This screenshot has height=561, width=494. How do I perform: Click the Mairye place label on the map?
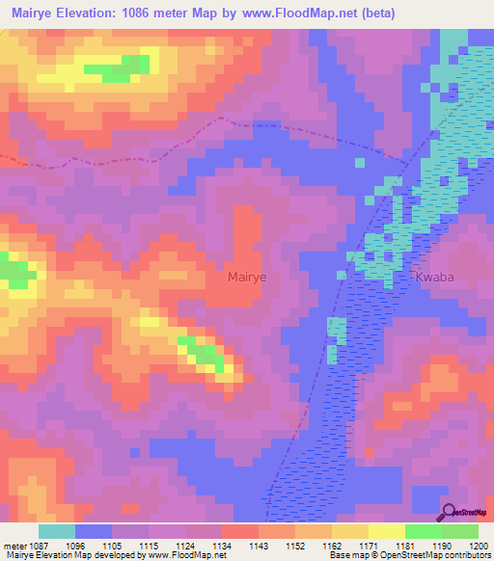click(246, 277)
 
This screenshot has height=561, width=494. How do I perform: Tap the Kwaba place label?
click(435, 277)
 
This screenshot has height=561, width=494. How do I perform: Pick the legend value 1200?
click(480, 545)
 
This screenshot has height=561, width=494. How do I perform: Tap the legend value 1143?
click(259, 545)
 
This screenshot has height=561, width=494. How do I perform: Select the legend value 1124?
click(186, 545)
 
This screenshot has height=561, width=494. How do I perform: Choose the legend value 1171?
click(370, 545)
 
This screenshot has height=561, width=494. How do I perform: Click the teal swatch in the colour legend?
click(57, 531)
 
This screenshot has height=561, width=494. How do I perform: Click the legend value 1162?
click(333, 545)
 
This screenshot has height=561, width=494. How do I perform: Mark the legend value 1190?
click(442, 545)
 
